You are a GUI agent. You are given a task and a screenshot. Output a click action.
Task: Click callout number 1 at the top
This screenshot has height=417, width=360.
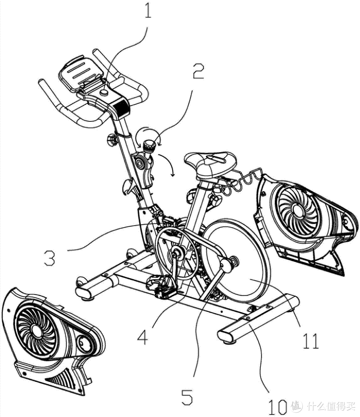tap(148, 10)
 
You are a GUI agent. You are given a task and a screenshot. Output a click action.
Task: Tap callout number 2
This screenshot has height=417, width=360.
tap(198, 71)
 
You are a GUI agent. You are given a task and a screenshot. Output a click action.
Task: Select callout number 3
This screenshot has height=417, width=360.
tap(50, 258)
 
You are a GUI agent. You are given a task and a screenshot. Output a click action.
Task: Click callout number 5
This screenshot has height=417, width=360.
tap(187, 397)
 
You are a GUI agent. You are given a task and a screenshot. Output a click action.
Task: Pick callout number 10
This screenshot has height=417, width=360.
tap(277, 407)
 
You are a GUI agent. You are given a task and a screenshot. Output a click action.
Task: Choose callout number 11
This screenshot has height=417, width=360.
tap(310, 341)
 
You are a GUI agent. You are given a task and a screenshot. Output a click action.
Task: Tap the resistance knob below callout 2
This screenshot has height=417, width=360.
tap(149, 146)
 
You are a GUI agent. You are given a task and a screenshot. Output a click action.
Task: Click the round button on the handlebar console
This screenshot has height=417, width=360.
tap(104, 92)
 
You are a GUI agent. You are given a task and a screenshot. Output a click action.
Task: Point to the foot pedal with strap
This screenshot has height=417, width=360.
tap(161, 286)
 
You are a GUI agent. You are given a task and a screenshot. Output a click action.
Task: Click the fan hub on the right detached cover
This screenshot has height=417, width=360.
tap(297, 209)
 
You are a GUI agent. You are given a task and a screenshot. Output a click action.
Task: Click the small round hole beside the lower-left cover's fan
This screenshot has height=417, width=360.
tap(83, 342)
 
